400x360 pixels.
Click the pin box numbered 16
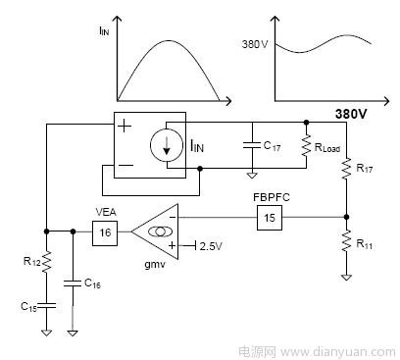[105, 233]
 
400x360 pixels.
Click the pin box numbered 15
[270, 218]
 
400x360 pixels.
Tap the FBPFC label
[272, 197]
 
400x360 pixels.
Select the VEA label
[106, 212]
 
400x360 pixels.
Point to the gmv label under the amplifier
[155, 264]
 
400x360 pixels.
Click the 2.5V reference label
[211, 246]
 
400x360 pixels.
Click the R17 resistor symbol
[346, 169]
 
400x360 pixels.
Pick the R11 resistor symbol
[346, 241]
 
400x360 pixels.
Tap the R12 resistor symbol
[46, 261]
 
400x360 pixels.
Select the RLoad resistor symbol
[306, 146]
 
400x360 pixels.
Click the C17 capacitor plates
[252, 145]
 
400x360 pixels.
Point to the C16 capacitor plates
[73, 283]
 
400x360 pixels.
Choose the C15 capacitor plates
[46, 306]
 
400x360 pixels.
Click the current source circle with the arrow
[167, 145]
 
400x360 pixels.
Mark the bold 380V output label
[351, 114]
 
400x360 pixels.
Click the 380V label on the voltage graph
[255, 44]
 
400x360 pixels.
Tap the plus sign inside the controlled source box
[124, 127]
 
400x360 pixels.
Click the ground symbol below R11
[346, 278]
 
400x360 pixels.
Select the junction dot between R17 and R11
[346, 217]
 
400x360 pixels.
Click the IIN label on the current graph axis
[104, 31]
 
